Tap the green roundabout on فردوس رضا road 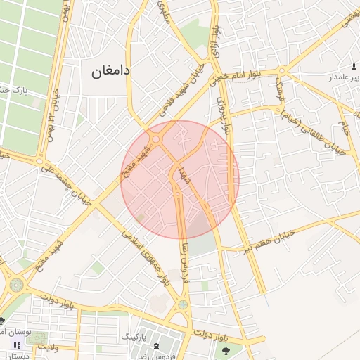pyautogui.click(x=183, y=304)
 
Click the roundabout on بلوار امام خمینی pyautogui.click(x=281, y=70)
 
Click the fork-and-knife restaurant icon pyautogui.click(x=15, y=345)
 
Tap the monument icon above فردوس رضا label pyautogui.click(x=156, y=347)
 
